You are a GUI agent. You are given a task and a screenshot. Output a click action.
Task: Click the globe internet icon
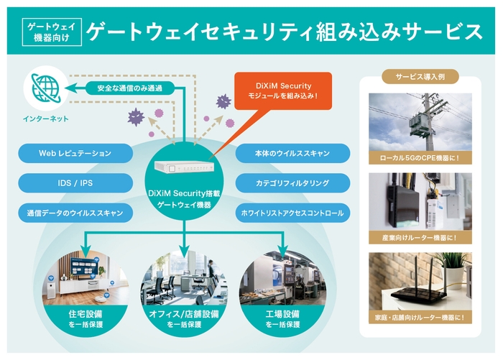pyautogui.click(x=45, y=87)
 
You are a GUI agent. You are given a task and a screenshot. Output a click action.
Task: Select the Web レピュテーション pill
pyautogui.click(x=75, y=153)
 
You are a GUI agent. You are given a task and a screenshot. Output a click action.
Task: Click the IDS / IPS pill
pyautogui.click(x=75, y=183)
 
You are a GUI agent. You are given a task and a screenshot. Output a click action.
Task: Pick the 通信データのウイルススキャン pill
pyautogui.click(x=75, y=213)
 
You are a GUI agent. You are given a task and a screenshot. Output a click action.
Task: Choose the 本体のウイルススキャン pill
pyautogui.click(x=292, y=153)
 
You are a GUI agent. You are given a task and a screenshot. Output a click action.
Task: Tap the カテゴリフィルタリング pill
pyautogui.click(x=292, y=183)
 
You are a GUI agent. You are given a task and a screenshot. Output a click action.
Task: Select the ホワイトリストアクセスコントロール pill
pyautogui.click(x=292, y=213)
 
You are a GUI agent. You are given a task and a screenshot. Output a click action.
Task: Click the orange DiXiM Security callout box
pyautogui.click(x=283, y=90)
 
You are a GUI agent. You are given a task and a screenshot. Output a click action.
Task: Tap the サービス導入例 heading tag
pyautogui.click(x=420, y=76)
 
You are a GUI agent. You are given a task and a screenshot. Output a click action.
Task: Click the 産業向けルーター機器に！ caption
pyautogui.click(x=420, y=236)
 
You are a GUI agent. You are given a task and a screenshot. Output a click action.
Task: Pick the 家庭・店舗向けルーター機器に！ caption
pyautogui.click(x=420, y=317)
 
